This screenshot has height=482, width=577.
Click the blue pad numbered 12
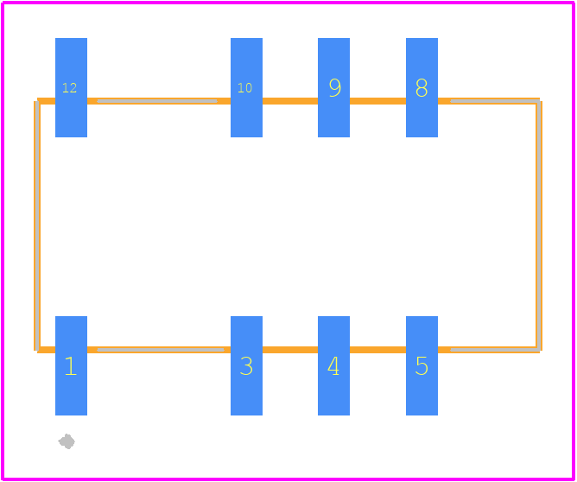point(71,87)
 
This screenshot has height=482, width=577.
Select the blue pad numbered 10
point(246,87)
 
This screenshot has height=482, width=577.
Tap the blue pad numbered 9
point(333,87)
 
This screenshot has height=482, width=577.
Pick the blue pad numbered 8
point(422,87)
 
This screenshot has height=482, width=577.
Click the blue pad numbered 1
point(71,365)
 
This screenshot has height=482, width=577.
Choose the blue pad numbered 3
point(246,365)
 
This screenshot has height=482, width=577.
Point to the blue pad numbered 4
point(333,365)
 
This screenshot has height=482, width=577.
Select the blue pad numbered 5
point(422,365)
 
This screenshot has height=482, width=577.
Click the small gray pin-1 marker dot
point(67,441)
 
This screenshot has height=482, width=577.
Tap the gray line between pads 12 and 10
point(157,101)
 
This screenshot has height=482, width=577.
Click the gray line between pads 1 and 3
point(161,350)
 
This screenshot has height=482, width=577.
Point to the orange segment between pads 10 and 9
point(290,101)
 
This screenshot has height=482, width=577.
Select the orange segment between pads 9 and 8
point(377,101)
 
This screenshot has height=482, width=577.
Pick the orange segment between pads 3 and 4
point(290,350)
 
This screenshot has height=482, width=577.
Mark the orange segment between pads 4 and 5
point(377,350)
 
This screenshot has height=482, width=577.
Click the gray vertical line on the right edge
point(538,225)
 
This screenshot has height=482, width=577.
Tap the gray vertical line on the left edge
point(37,225)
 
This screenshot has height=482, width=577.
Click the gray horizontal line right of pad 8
point(495,101)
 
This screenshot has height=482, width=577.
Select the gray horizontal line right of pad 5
point(495,350)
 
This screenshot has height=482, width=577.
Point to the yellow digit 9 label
point(335,87)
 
